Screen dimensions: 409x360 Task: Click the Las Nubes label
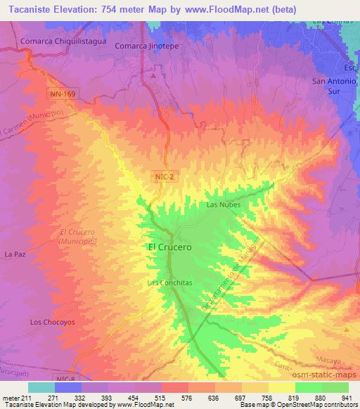[x=224, y=204]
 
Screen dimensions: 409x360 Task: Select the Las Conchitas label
[x=169, y=283]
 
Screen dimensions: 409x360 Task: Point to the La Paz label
[x=16, y=253]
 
